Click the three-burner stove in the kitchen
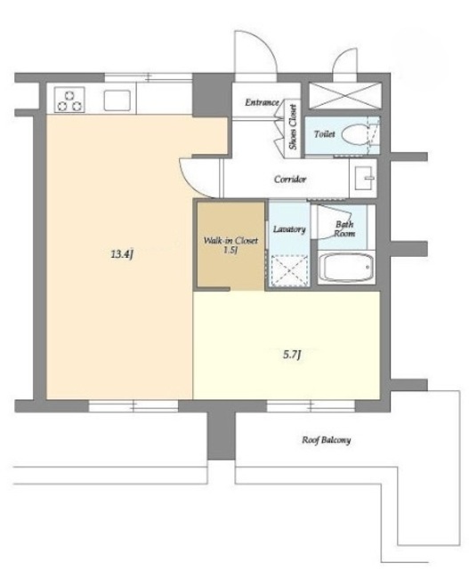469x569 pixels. tap(69, 99)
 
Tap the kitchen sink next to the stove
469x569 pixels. tap(117, 100)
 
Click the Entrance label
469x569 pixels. tap(262, 102)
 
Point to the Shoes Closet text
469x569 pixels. tap(293, 127)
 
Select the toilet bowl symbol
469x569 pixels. tap(354, 134)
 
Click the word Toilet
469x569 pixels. tap(324, 134)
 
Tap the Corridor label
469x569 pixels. tap(290, 180)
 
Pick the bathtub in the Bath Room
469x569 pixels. tap(346, 267)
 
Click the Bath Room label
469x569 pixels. tap(344, 228)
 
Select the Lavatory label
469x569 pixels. tap(289, 229)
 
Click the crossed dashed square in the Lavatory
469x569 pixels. tap(289, 270)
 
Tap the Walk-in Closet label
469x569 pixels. tap(230, 245)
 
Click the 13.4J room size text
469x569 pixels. tap(122, 254)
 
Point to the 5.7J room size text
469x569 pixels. tap(292, 355)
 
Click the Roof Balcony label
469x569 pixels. tap(327, 440)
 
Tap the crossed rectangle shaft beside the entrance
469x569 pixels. tap(344, 95)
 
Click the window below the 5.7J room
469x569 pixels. tap(311, 406)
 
